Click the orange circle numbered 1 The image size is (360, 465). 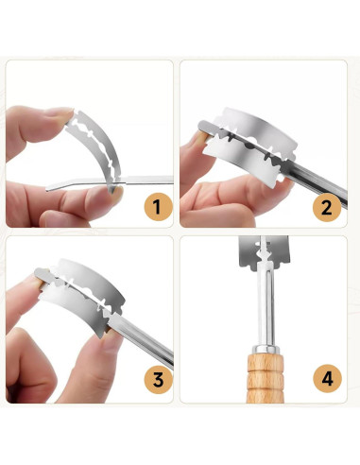158,207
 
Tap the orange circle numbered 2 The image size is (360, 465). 327,207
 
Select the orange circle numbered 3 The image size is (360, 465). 158,380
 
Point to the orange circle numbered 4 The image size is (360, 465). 327,379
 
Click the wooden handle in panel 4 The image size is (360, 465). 266,378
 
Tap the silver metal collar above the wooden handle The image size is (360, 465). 266,349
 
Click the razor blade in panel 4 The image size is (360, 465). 264,252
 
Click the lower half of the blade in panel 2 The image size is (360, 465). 244,161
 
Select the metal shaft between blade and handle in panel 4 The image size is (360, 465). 266,307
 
